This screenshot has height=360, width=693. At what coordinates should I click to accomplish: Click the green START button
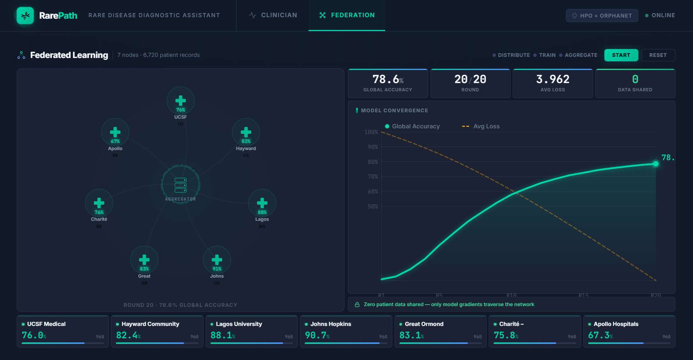click(x=621, y=55)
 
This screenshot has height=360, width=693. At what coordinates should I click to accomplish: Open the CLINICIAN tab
click(x=273, y=15)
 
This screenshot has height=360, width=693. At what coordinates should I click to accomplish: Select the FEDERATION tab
click(x=347, y=15)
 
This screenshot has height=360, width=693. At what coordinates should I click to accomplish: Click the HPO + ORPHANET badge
click(x=602, y=16)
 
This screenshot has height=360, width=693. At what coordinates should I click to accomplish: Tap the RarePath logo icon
click(x=25, y=16)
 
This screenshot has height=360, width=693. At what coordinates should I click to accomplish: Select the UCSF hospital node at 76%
click(x=181, y=101)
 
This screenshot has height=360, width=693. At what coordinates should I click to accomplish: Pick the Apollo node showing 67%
click(x=115, y=132)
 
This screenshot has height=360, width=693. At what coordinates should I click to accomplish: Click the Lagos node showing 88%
click(x=262, y=203)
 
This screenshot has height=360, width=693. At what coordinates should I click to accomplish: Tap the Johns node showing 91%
click(x=217, y=260)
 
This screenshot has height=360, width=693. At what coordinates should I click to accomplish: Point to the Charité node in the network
click(x=99, y=203)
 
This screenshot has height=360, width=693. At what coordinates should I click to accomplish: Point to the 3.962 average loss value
click(x=552, y=79)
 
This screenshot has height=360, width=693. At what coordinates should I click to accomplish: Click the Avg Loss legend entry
click(x=481, y=126)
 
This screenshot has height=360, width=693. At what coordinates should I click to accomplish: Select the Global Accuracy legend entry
click(x=413, y=126)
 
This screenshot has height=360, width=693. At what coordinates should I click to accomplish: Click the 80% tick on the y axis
click(x=373, y=162)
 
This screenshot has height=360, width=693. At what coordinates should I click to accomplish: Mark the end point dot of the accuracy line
click(x=656, y=164)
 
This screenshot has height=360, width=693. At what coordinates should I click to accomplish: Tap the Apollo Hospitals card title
click(x=616, y=324)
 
